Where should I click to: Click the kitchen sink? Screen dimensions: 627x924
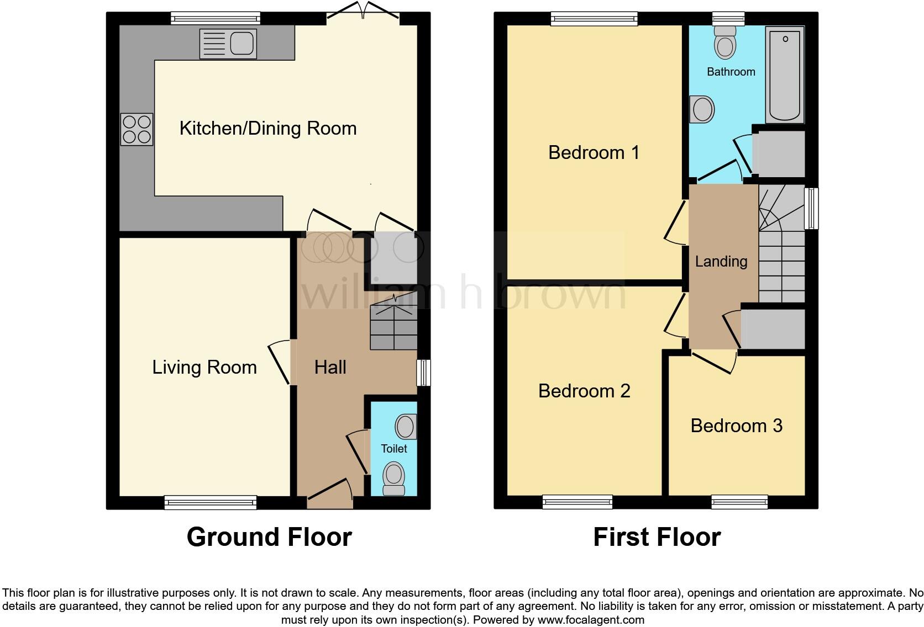(x=228, y=44)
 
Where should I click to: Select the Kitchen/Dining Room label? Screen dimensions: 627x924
(x=268, y=129)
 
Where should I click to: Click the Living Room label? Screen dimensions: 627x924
(x=204, y=368)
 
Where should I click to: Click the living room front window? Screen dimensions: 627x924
(x=211, y=502)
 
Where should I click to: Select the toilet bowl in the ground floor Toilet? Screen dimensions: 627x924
(x=394, y=477)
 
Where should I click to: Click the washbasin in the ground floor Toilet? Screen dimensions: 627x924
(x=406, y=427)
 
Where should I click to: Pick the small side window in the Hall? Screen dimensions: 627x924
(x=424, y=373)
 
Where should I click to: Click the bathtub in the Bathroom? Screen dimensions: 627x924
(x=785, y=75)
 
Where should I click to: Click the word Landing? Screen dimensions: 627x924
(x=721, y=262)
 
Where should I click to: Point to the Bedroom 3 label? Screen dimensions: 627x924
(x=737, y=426)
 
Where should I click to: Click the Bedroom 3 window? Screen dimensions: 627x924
(x=739, y=502)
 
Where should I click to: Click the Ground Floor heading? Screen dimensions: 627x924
(x=269, y=537)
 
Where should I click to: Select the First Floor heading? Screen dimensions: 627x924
(x=657, y=537)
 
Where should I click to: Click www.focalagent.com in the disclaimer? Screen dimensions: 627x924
(x=590, y=620)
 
